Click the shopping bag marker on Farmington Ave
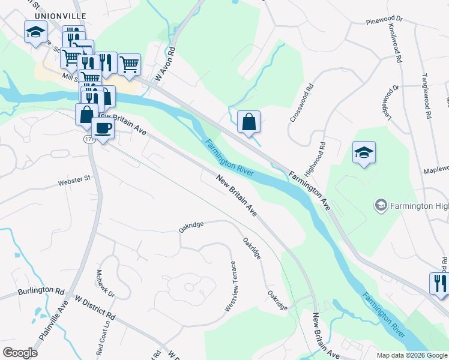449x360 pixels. (249, 122)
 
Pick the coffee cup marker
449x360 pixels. (102, 128)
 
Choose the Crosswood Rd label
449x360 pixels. (301, 103)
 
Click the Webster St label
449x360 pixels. (74, 178)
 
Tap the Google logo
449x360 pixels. (20, 353)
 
